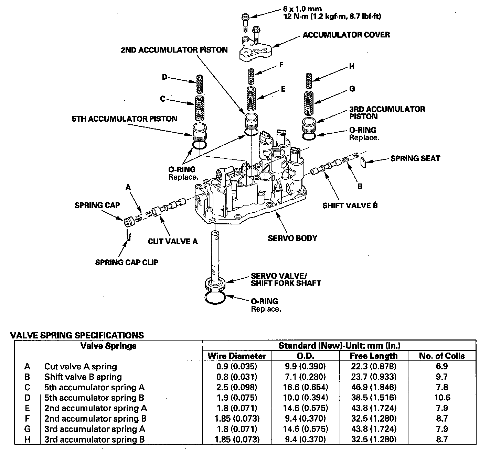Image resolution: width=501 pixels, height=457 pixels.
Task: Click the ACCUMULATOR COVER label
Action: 346,35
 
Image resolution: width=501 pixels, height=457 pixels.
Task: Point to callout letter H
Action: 352,66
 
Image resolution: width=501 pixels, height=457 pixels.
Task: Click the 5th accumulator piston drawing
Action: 199,132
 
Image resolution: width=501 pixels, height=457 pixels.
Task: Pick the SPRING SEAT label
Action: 415,158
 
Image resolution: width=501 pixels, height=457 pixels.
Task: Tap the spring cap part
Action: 129,221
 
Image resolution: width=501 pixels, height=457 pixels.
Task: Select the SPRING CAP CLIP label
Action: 127,263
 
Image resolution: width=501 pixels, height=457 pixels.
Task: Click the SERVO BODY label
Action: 292,238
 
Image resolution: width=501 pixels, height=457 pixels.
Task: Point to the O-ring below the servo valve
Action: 215,298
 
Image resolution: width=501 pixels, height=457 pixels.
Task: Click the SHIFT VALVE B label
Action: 350,205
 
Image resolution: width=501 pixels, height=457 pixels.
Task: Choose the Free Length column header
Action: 374,356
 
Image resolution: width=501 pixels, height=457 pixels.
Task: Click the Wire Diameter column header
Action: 237,356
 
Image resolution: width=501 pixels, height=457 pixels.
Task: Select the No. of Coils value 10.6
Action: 442,398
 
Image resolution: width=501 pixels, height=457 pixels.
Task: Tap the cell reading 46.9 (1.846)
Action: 374,388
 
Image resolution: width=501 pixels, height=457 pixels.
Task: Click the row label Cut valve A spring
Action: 81,367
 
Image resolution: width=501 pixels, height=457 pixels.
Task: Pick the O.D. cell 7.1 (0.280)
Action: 305,377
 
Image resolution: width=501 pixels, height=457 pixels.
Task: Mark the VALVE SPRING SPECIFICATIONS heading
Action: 77,335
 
